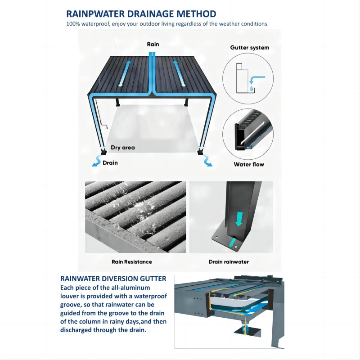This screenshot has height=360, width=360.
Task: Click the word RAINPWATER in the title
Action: click(x=95, y=14)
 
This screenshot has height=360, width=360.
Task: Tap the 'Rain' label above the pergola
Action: click(x=153, y=44)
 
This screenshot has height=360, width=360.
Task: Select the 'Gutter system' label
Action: click(x=250, y=48)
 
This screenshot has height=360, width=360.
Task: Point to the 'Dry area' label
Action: click(x=123, y=148)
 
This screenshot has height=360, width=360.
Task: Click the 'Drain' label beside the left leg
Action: click(x=110, y=163)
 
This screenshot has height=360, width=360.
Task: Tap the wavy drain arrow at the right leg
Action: click(x=207, y=161)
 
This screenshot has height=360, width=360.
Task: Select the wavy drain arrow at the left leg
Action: click(x=97, y=161)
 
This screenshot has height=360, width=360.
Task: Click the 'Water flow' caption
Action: click(x=249, y=164)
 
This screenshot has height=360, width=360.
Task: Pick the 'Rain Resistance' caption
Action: click(x=132, y=262)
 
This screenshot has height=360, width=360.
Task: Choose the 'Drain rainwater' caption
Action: click(x=229, y=262)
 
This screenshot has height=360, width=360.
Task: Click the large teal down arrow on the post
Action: click(x=239, y=219)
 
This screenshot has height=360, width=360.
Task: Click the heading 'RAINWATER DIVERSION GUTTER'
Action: click(x=113, y=279)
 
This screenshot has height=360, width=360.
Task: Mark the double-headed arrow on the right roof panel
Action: click(x=179, y=73)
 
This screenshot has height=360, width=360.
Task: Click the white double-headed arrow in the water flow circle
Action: click(x=252, y=133)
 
